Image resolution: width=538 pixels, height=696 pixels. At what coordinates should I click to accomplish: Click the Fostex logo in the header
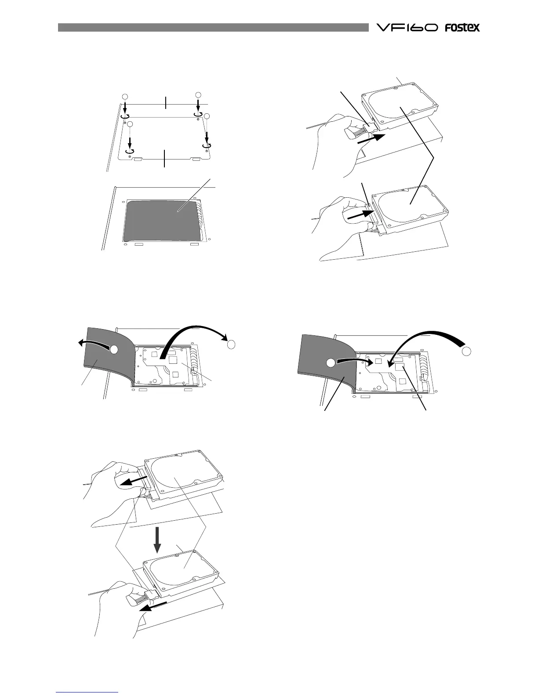click(x=462, y=28)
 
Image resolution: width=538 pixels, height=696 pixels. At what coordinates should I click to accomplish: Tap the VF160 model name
click(x=406, y=28)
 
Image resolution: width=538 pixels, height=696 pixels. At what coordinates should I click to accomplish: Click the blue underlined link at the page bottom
click(x=87, y=691)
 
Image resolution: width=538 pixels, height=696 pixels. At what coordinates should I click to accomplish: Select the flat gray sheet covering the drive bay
click(x=163, y=220)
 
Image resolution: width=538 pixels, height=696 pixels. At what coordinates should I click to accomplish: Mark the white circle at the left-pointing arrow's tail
click(x=114, y=349)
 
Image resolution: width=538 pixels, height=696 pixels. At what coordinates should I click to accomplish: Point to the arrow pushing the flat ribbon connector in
click(x=358, y=214)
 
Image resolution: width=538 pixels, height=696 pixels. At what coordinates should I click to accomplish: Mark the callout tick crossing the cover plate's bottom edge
click(x=165, y=157)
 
